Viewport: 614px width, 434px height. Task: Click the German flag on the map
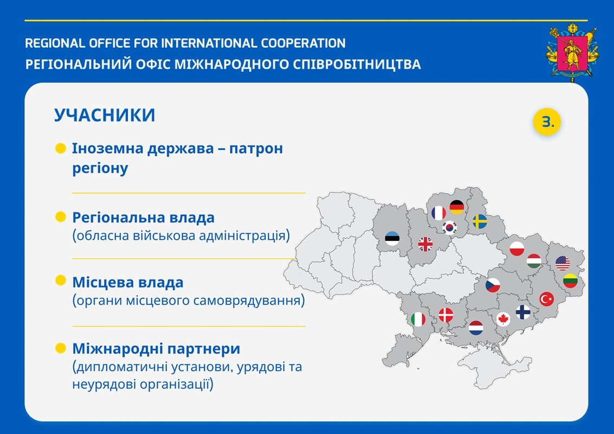tap(457, 207)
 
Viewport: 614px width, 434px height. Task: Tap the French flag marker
tap(438, 213)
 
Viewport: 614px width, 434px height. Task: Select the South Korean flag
tap(450, 227)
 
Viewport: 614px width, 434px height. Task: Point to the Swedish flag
tap(480, 221)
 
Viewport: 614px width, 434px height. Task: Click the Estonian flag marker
tap(392, 238)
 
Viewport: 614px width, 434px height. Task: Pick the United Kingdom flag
tap(425, 244)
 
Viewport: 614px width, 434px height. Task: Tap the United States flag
tap(563, 263)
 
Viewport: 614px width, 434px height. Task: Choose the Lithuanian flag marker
tap(570, 280)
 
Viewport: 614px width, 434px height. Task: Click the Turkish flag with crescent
tap(547, 299)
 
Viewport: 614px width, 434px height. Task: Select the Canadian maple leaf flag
tap(503, 319)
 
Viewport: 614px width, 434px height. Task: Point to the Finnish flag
tap(523, 312)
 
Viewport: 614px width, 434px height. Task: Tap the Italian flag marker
tap(418, 319)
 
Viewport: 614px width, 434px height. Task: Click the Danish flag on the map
tap(445, 315)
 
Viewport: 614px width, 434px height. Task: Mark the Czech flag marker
tap(493, 285)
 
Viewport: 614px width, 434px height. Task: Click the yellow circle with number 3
tap(547, 122)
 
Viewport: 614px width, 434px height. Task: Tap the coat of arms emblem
tap(572, 53)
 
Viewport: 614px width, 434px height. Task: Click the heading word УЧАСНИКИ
tap(105, 115)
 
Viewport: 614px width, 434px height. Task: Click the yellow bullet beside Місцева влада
tap(61, 280)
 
